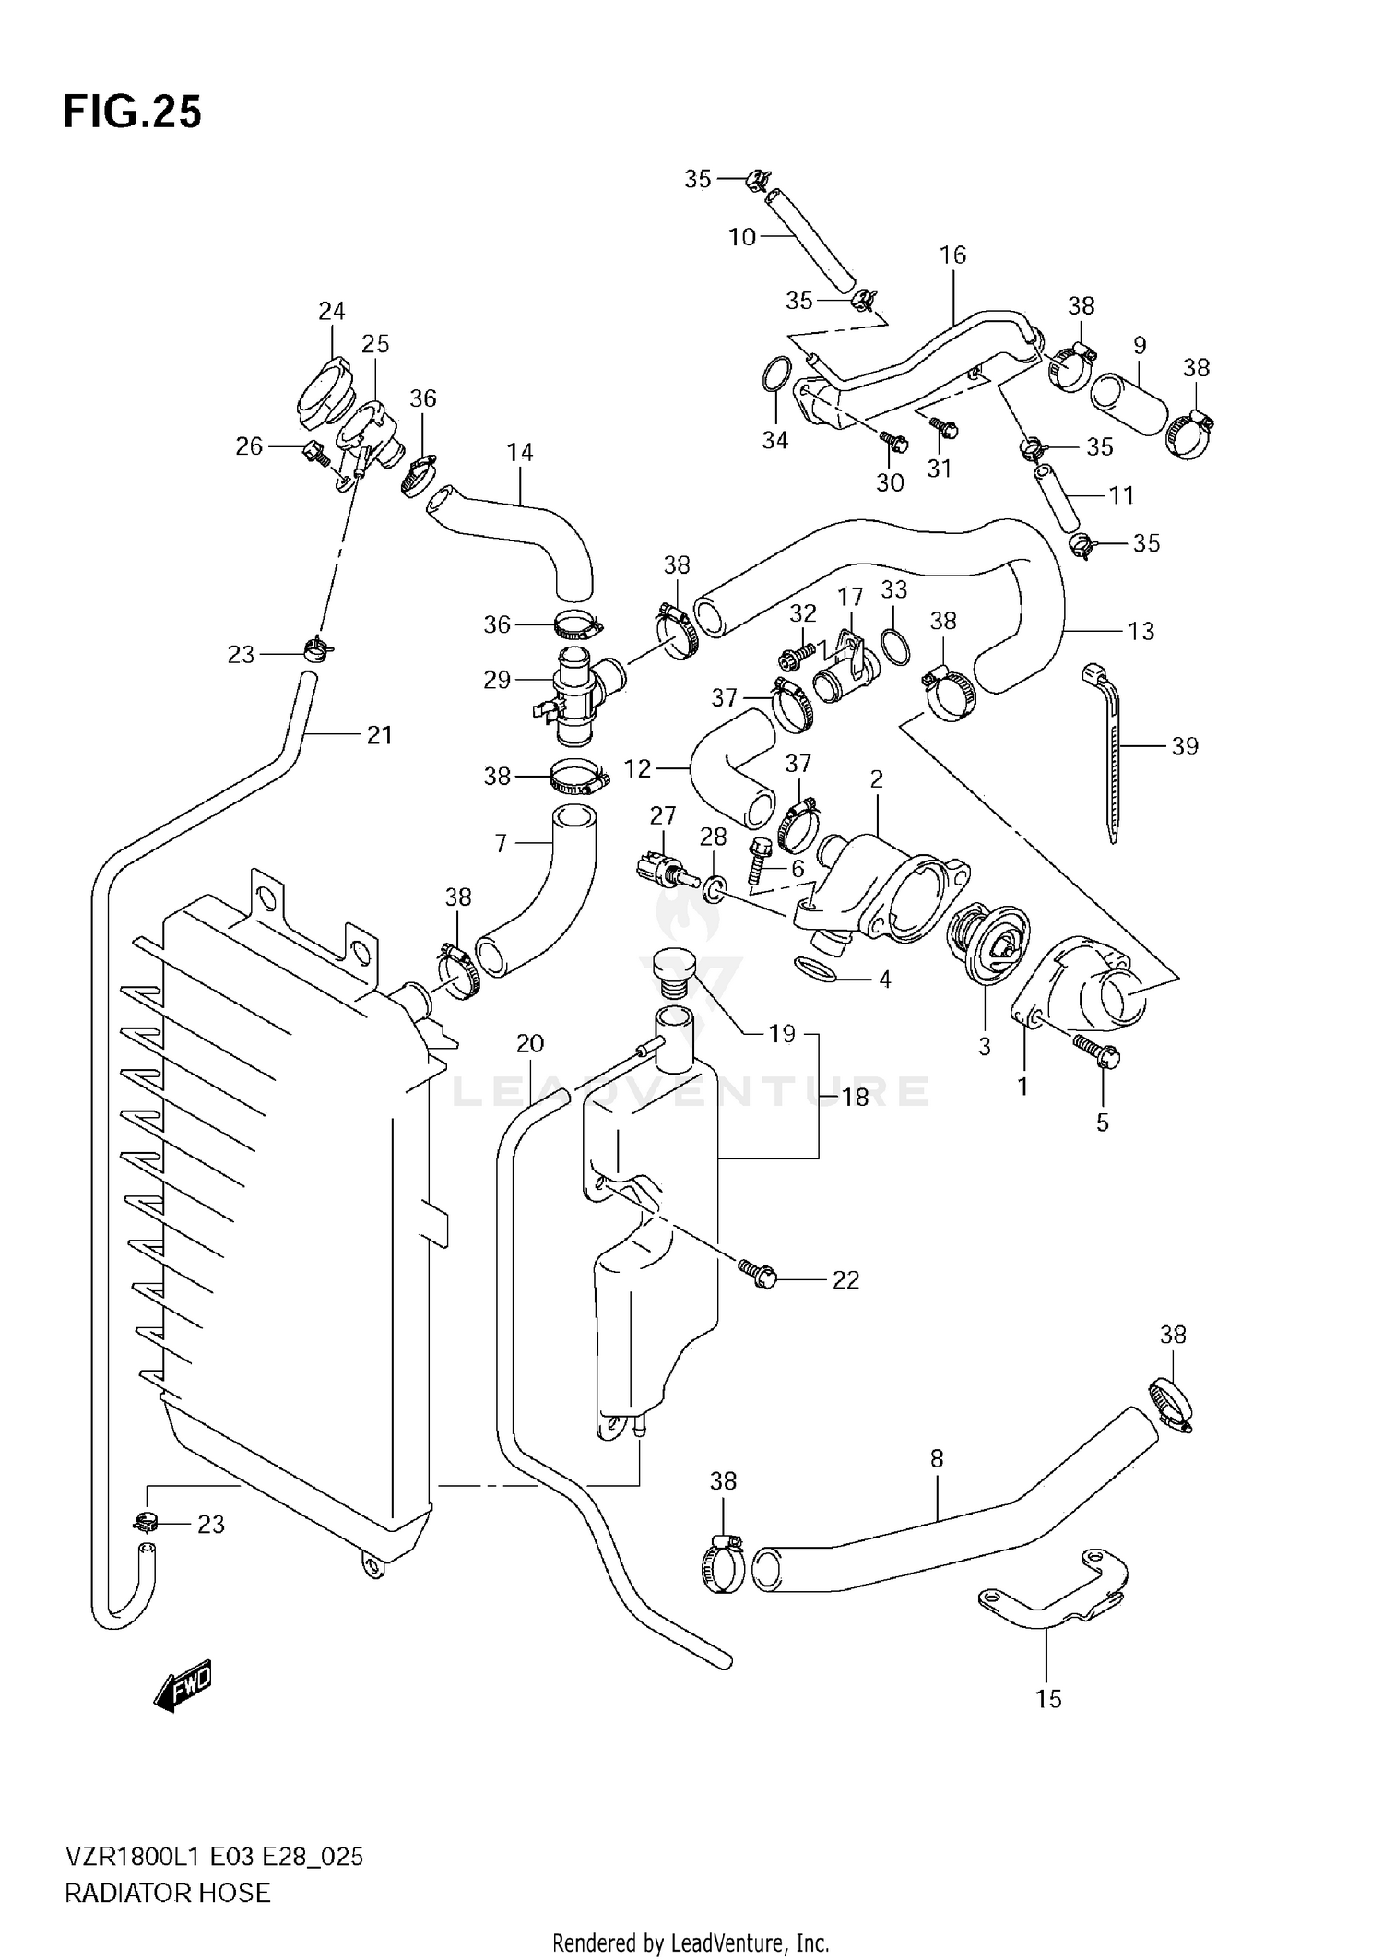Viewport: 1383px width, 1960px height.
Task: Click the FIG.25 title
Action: click(x=132, y=113)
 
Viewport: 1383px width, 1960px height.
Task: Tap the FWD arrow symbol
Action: click(x=183, y=1688)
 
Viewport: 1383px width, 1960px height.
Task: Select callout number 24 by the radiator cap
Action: click(x=331, y=311)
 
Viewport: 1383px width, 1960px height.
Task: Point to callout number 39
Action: click(x=1184, y=745)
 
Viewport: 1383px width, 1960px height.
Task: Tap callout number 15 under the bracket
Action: click(x=1048, y=1699)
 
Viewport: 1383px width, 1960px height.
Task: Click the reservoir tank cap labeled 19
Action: click(x=671, y=973)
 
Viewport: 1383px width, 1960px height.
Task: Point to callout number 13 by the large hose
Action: click(x=1141, y=631)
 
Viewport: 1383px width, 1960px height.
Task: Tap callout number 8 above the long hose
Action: click(x=937, y=1458)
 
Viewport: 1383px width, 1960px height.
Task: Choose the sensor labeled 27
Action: click(x=661, y=868)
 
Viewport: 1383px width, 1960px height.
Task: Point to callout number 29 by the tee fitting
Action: click(x=496, y=680)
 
